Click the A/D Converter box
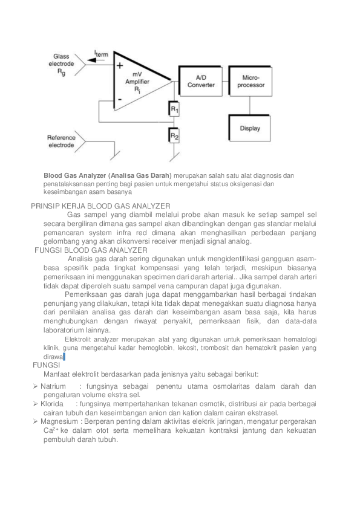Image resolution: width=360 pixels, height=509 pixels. [201, 81]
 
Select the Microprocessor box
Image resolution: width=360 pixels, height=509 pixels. [250, 81]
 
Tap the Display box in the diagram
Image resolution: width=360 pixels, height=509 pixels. [250, 128]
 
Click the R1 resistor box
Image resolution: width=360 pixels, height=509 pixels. [174, 109]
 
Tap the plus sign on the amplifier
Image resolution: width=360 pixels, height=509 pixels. [120, 65]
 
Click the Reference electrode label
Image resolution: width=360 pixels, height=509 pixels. [61, 141]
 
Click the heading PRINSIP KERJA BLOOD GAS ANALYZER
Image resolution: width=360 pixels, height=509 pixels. [100, 206]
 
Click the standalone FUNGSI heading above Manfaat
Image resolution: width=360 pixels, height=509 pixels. [47, 366]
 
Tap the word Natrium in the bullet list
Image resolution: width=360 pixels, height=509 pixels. [53, 386]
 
